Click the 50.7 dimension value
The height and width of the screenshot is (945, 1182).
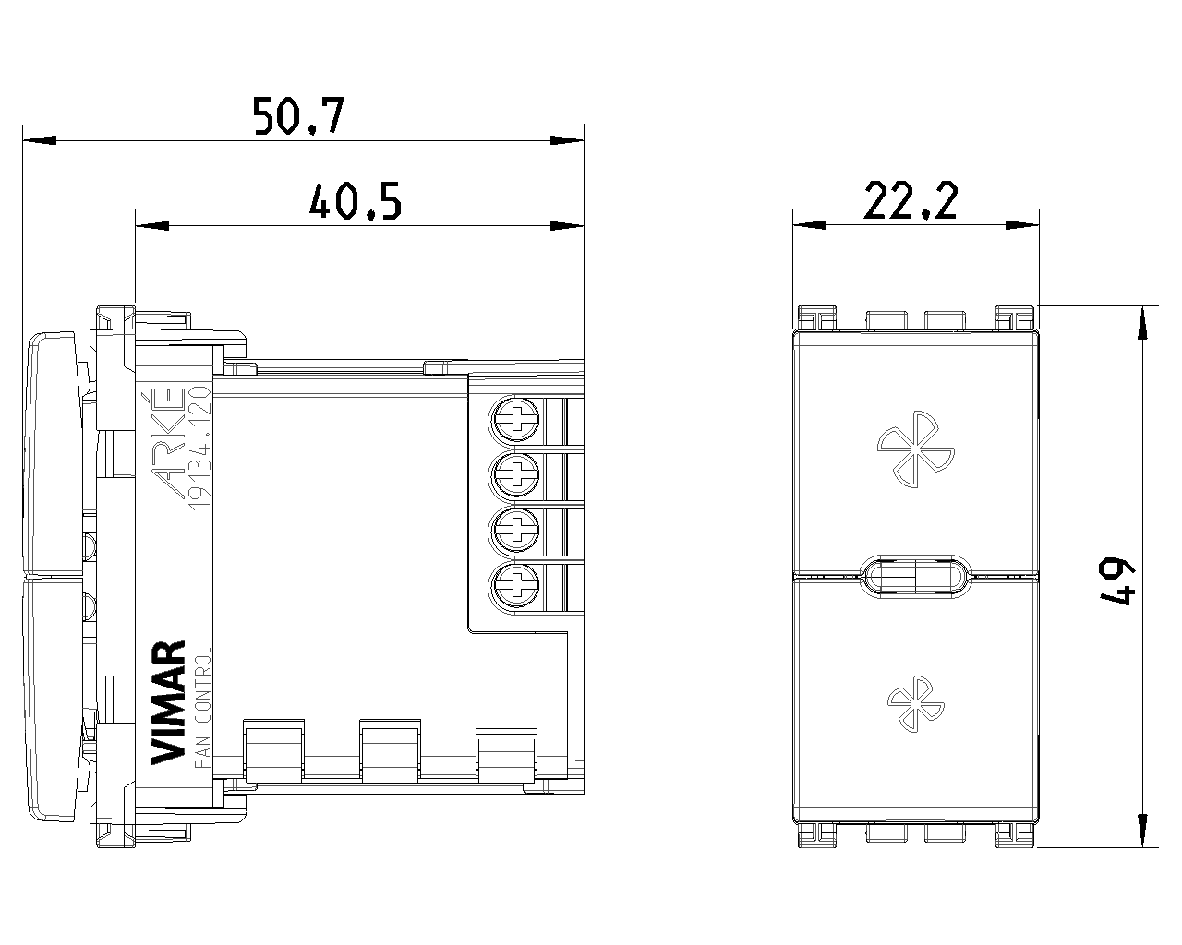299,116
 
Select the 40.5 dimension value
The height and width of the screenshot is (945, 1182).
356,201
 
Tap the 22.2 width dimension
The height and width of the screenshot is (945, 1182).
911,201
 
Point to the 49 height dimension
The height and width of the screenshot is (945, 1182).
1116,581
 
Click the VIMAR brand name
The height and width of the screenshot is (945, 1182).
167,702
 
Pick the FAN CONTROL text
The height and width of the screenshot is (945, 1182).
203,708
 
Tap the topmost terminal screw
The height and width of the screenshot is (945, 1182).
516,421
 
